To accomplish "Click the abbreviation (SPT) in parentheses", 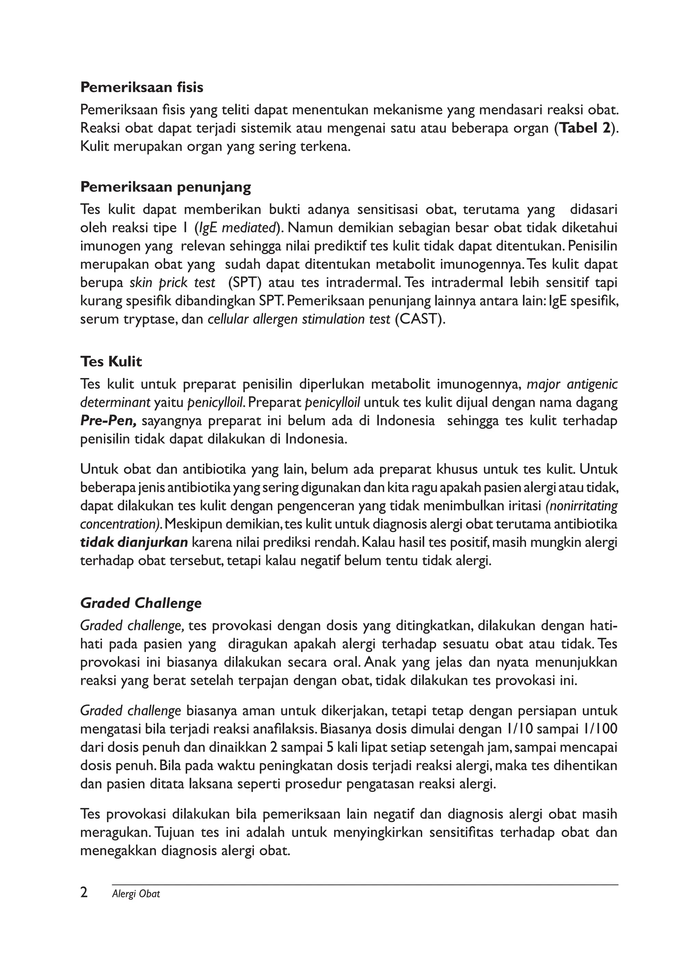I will pyautogui.click(x=243, y=282).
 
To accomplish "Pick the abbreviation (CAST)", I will pyautogui.click(x=419, y=319).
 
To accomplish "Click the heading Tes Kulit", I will pyautogui.click(x=111, y=362).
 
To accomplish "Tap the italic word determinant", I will pyautogui.click(x=115, y=402).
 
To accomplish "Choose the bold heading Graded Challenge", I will pyautogui.click(x=141, y=604).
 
